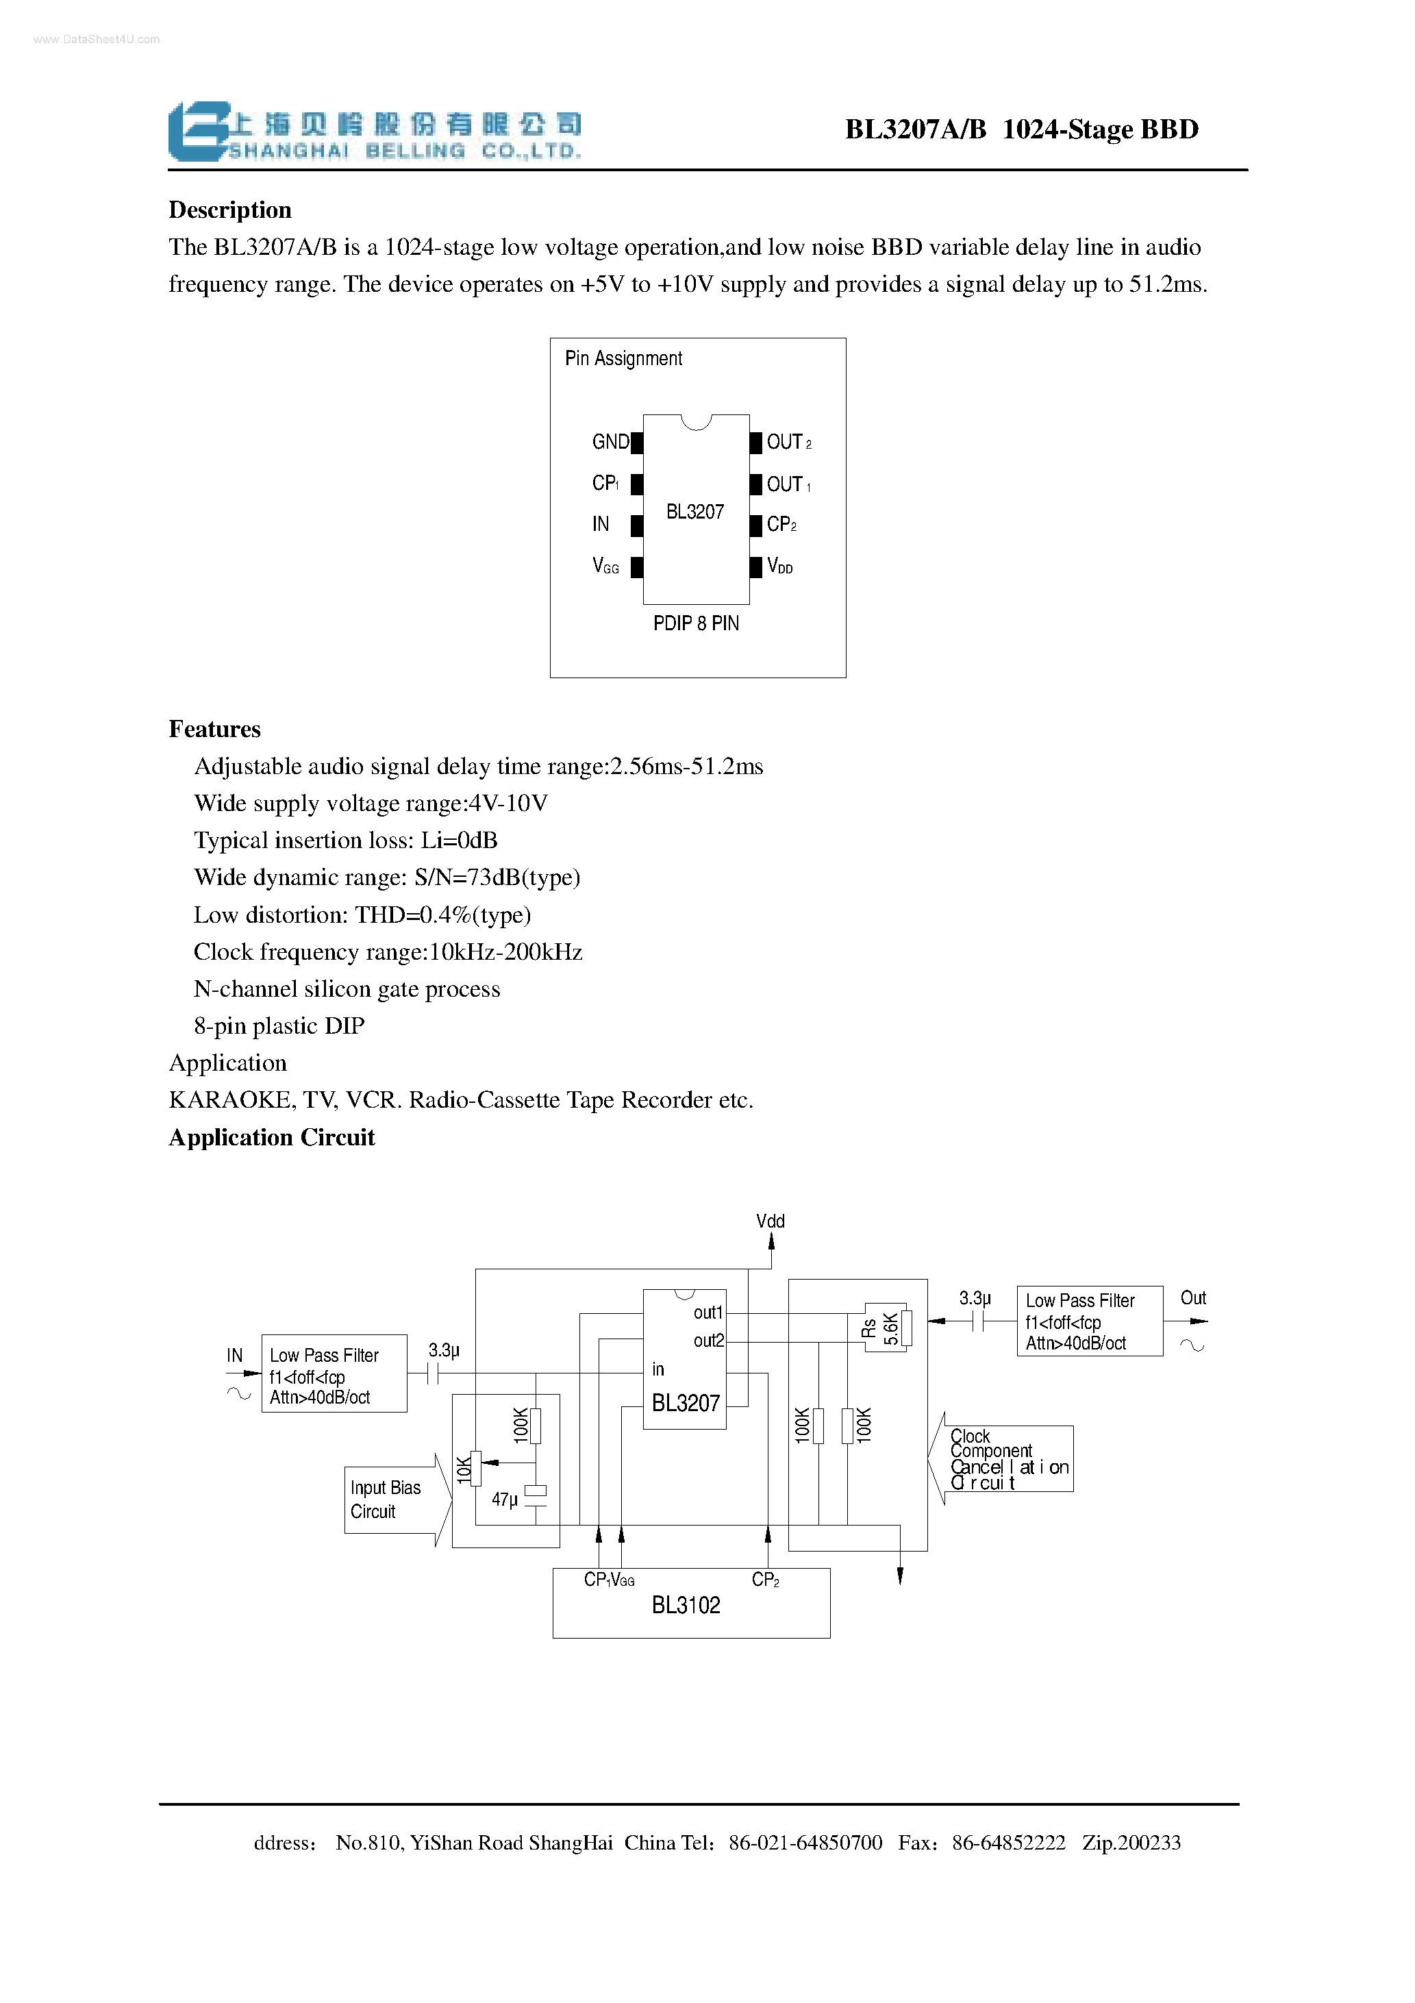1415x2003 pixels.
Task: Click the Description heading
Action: [x=229, y=210]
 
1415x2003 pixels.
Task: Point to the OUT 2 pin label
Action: [x=788, y=443]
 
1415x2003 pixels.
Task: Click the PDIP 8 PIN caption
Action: [x=695, y=623]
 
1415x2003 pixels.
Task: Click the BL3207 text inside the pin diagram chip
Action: [x=694, y=512]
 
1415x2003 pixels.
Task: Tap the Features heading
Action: [x=214, y=730]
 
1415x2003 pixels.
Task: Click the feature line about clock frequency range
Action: [x=388, y=951]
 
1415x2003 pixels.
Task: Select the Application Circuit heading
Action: [x=271, y=1138]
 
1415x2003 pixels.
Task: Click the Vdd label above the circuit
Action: [x=771, y=1221]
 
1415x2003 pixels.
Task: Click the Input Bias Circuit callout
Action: [x=385, y=1499]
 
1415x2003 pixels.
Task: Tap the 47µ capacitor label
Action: [x=504, y=1500]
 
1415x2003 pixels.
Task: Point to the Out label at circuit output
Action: [x=1192, y=1298]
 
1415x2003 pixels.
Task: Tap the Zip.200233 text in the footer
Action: [x=1131, y=1843]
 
